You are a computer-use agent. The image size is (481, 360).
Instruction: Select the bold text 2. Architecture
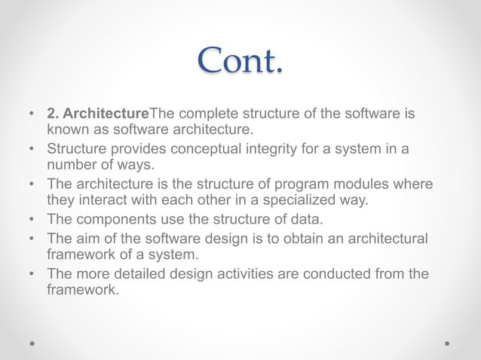tap(98, 114)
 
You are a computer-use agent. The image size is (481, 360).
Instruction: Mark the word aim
tap(87, 239)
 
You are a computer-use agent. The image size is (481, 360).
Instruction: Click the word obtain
tap(294, 239)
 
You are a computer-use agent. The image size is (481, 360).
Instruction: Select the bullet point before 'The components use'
tap(32, 219)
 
